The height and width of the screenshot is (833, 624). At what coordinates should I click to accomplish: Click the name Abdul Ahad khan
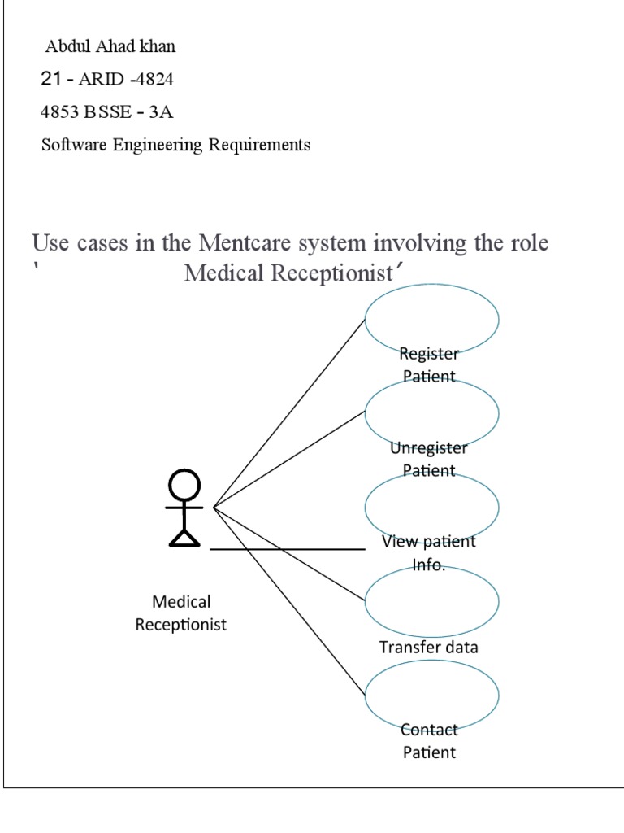110,46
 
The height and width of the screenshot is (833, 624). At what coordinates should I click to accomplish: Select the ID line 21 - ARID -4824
106,80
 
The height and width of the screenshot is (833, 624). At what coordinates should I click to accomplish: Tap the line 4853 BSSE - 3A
106,112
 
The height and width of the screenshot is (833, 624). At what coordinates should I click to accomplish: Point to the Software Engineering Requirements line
175,146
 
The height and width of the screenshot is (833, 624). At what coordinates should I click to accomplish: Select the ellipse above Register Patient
431,320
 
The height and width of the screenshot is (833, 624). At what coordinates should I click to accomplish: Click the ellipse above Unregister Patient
431,412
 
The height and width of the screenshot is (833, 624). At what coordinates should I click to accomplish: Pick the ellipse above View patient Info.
431,506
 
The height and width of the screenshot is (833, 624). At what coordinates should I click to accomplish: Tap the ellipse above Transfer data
431,600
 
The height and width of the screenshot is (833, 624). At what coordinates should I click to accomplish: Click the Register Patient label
429,365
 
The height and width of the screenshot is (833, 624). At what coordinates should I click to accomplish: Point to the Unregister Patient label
429,459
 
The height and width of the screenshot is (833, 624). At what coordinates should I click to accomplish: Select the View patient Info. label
429,553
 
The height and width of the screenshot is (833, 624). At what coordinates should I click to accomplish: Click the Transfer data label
429,648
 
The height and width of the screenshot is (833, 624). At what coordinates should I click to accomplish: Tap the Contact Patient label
430,741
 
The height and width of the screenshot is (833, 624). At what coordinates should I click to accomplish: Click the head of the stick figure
184,486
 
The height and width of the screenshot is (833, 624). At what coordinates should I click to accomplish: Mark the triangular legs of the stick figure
184,536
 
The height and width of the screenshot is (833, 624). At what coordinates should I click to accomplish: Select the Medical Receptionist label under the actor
181,613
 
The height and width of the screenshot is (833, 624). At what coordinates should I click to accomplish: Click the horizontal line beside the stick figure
288,550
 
